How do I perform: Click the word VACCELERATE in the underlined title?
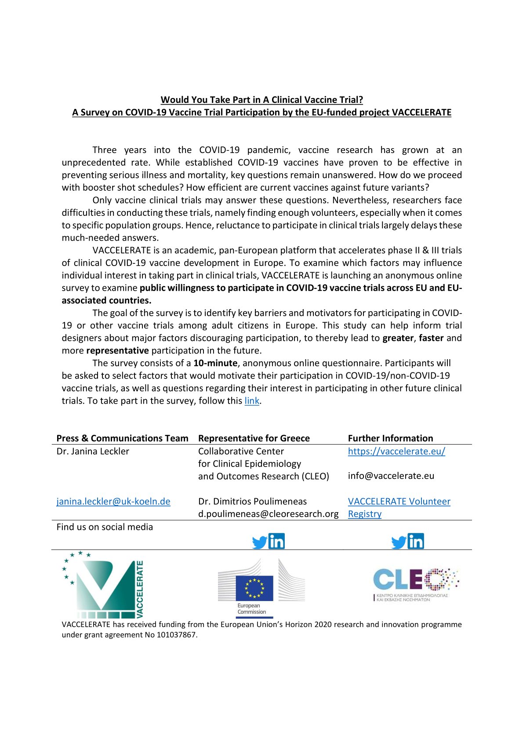coord(421,112)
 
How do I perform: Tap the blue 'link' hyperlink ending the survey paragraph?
coord(252,401)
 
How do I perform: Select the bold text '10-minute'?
coord(215,363)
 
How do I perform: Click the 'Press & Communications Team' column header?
coord(122,438)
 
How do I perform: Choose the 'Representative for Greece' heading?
coord(254,438)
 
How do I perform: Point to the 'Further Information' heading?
coord(390,438)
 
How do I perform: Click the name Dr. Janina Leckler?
coord(93,451)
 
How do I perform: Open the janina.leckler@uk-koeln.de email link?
coord(113,501)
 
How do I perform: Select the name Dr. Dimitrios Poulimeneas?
coord(252,501)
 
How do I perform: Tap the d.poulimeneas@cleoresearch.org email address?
coord(268,514)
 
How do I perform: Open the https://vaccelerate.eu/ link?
coord(396,451)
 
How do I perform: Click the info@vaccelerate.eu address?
coord(391,476)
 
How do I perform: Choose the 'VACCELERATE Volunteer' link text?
coord(399,501)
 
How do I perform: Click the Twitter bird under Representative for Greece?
coord(260,543)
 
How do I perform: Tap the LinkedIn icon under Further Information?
coord(416,541)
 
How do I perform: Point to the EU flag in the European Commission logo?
coord(254,588)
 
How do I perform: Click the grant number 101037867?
coord(176,635)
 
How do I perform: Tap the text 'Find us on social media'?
coord(105,527)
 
